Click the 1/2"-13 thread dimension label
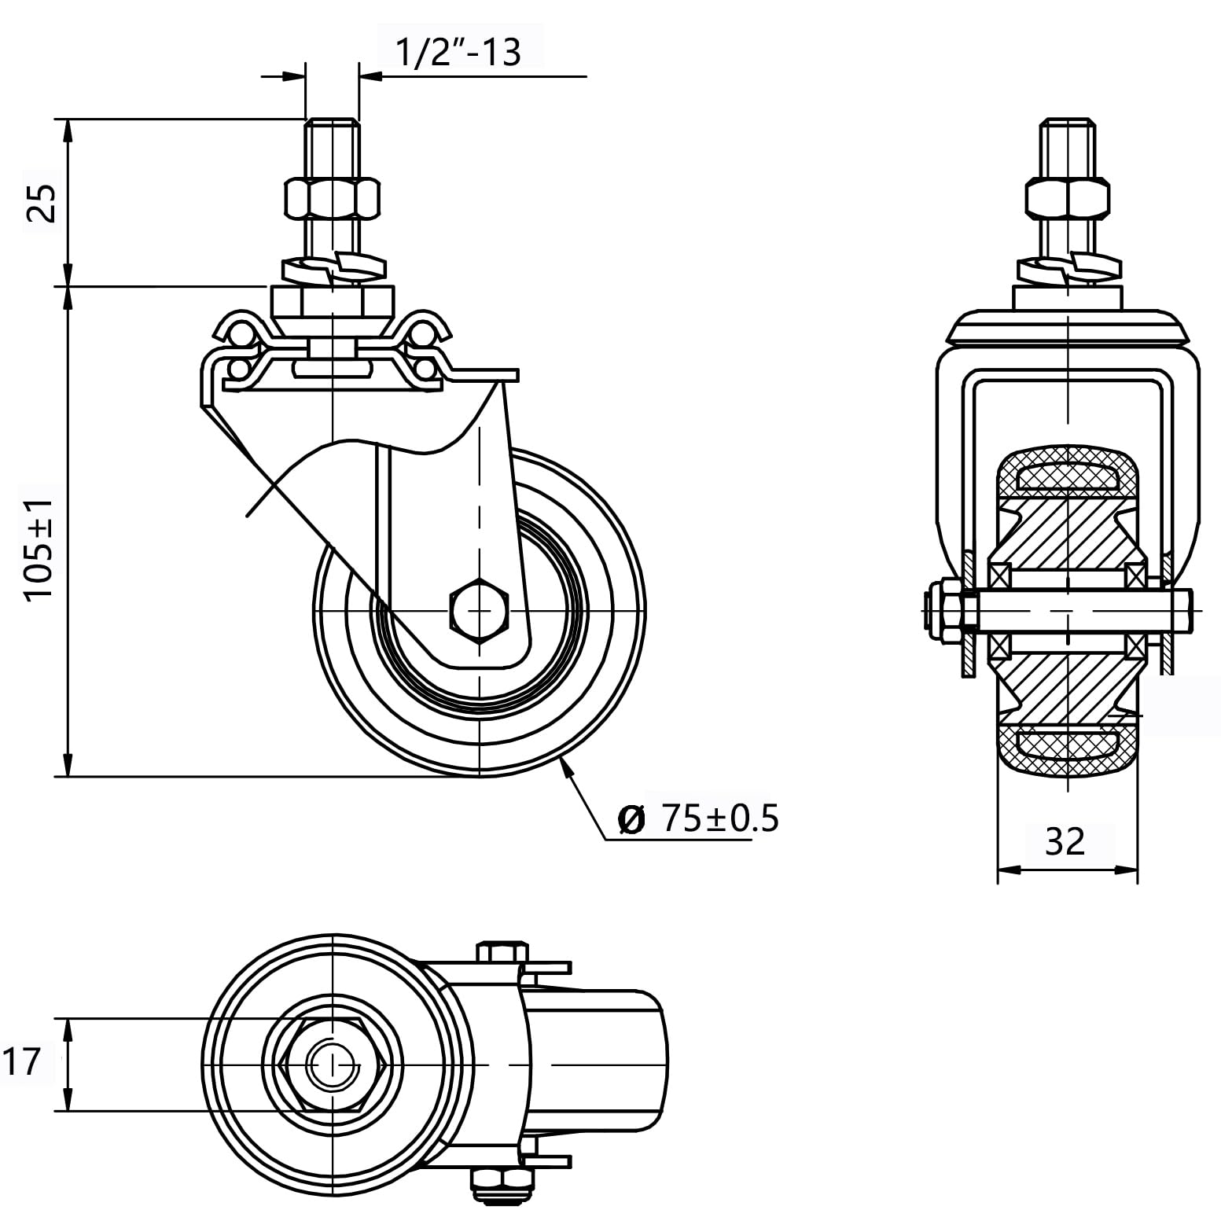pos(457,53)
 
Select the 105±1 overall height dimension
pos(39,550)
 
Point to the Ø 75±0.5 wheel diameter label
pos(699,818)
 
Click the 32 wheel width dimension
pos(1065,841)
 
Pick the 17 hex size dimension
pos(22,1063)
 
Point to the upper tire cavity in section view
pos(1067,476)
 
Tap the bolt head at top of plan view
pos(501,952)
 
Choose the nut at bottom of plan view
pos(500,1179)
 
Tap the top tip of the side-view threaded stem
pos(333,120)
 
